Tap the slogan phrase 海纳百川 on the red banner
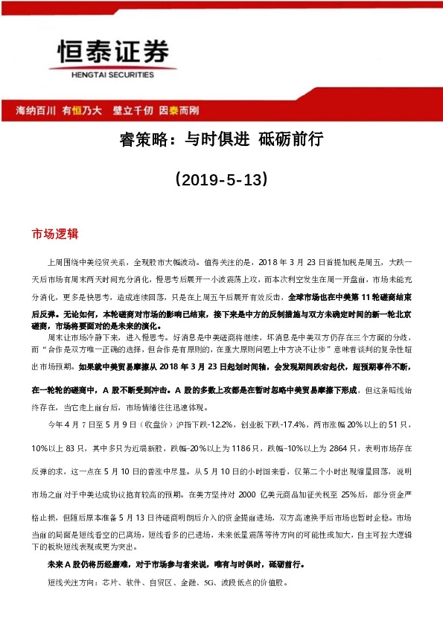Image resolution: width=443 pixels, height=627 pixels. click(x=36, y=110)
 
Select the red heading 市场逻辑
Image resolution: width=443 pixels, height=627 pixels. click(x=54, y=233)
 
